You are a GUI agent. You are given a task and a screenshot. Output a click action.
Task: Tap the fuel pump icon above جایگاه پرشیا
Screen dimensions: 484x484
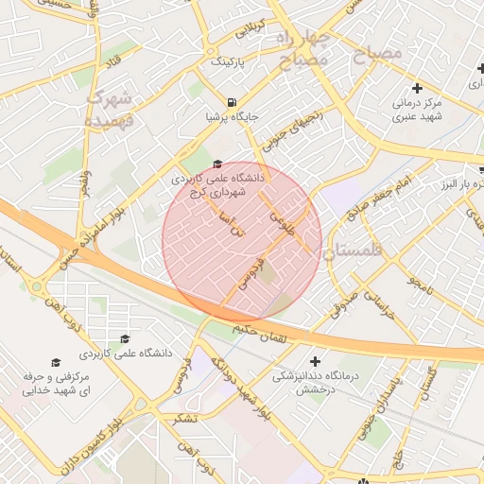(x=232, y=101)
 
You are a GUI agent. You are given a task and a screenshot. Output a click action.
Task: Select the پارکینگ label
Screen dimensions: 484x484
(x=227, y=61)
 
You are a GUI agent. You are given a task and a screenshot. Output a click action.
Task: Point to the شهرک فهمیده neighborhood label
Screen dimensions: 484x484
(x=112, y=109)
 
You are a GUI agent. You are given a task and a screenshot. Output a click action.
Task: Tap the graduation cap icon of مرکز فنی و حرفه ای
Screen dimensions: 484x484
(x=55, y=362)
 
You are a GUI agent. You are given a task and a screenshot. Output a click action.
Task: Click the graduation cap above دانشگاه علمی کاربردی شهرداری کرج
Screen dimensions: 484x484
(x=218, y=164)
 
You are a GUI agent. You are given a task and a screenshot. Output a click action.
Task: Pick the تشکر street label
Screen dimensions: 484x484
(x=186, y=417)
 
